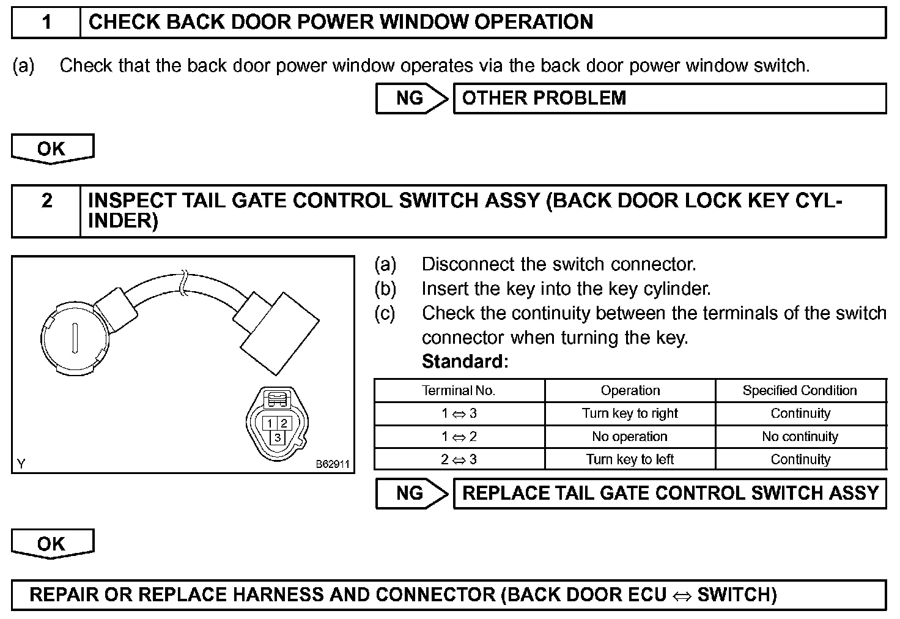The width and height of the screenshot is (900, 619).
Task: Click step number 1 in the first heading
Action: click(x=46, y=23)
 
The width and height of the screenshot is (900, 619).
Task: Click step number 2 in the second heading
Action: click(x=46, y=201)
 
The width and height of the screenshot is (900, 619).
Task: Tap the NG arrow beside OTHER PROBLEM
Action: click(x=411, y=98)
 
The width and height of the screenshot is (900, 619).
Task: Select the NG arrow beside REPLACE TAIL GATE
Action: click(x=411, y=494)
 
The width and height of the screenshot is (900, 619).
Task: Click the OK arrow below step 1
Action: click(x=52, y=149)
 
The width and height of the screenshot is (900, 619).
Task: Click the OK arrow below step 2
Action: click(x=52, y=544)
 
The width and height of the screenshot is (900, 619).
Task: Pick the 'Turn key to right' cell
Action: click(x=630, y=413)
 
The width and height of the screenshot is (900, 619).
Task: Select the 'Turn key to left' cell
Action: click(x=630, y=459)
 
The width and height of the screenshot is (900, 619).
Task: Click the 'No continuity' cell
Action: click(x=800, y=437)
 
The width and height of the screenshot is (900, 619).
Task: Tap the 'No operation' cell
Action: click(x=630, y=437)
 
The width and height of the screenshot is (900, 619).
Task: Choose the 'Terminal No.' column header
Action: click(x=459, y=390)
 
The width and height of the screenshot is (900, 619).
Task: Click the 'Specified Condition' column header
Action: click(x=800, y=390)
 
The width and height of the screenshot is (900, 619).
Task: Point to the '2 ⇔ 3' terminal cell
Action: click(x=459, y=459)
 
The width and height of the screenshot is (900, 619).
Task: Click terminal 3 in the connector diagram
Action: click(x=278, y=437)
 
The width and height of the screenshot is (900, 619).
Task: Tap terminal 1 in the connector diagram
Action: click(x=270, y=423)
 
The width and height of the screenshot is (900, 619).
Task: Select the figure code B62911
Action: click(x=333, y=464)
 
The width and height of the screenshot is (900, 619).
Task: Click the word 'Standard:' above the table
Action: click(x=465, y=361)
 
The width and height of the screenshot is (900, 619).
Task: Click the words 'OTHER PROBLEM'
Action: click(x=544, y=98)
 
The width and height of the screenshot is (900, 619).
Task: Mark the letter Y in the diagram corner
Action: click(x=21, y=464)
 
